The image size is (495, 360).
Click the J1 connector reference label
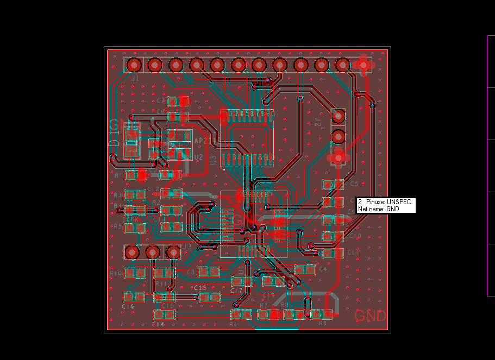pos(135,79)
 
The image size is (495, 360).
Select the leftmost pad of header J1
pos(134,65)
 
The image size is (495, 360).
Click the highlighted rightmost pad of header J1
pos(362,65)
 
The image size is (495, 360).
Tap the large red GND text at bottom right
pos(370,316)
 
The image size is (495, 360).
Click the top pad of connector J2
pos(338,116)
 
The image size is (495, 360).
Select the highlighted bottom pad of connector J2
pos(338,157)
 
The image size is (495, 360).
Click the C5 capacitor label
pos(355,184)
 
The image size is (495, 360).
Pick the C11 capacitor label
pos(353,253)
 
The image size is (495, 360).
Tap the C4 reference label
pos(323,269)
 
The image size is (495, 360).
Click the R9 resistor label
pos(322,323)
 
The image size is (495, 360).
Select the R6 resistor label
pos(233,324)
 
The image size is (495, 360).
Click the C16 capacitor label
pos(128,307)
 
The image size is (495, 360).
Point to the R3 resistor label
pos(117,195)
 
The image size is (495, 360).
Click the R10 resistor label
pos(116,273)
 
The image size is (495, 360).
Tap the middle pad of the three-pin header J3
pos(153,252)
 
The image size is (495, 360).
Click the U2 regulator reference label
pos(198,157)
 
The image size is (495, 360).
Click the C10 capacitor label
pos(354,236)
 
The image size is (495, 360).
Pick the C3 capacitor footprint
pos(209,271)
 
